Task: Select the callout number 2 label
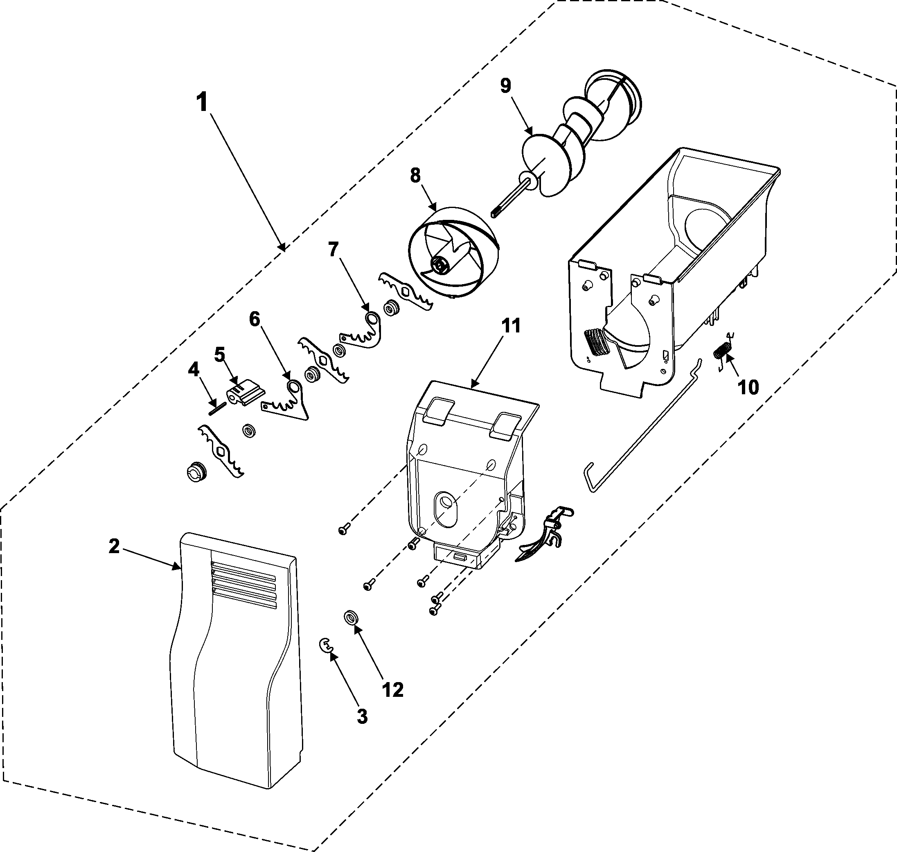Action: (x=114, y=546)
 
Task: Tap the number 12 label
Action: (x=393, y=690)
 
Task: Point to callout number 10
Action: (x=748, y=387)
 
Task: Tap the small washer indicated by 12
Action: (x=350, y=618)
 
